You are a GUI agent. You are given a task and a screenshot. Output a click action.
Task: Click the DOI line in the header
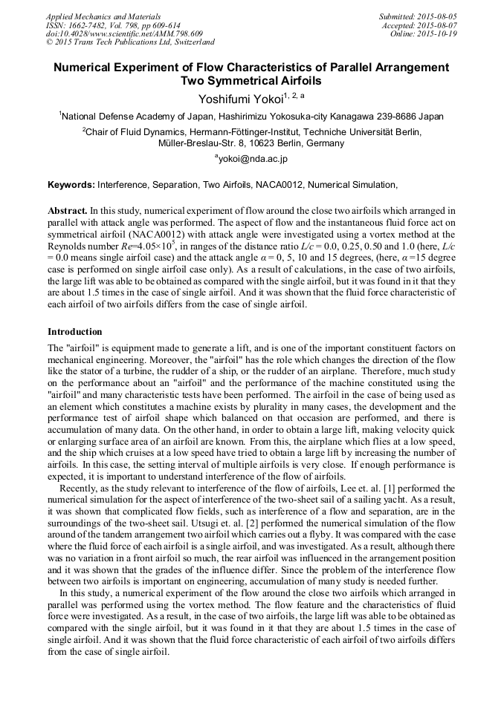click(x=124, y=34)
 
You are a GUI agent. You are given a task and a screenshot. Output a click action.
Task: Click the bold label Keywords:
click(x=71, y=184)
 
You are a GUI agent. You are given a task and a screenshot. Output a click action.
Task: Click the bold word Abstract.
click(x=67, y=211)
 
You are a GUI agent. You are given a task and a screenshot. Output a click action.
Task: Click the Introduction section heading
click(x=75, y=331)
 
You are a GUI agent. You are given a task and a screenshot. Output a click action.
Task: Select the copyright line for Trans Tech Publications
click(x=130, y=43)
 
